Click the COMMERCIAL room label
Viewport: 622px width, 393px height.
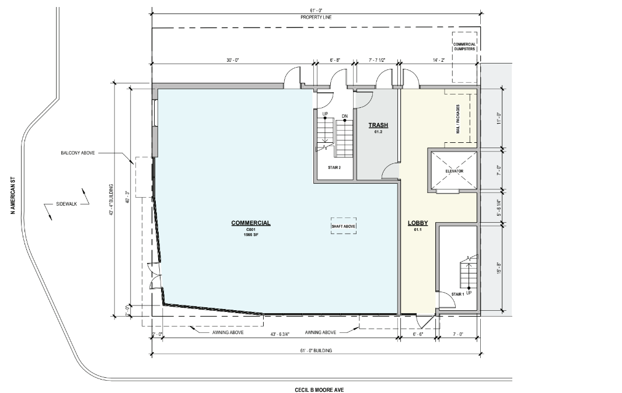[251, 223]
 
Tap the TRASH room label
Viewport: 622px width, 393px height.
[378, 125]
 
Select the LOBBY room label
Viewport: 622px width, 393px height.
[418, 223]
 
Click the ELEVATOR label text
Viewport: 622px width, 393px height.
[454, 171]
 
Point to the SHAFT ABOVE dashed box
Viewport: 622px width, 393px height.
[344, 226]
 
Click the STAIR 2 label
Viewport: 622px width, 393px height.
[334, 168]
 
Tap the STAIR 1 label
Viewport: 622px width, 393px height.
[457, 294]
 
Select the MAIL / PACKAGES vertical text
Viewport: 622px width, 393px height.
[458, 119]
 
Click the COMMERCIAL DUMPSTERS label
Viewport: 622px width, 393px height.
[464, 47]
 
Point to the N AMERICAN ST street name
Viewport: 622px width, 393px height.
[13, 195]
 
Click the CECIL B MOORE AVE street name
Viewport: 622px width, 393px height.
[319, 390]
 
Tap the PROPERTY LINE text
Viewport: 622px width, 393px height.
[316, 17]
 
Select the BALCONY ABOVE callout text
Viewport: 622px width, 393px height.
[78, 153]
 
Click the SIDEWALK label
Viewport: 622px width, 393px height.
[67, 204]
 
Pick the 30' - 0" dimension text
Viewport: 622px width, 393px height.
[233, 60]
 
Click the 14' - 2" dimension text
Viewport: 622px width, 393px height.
[439, 60]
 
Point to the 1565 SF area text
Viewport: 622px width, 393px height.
[251, 235]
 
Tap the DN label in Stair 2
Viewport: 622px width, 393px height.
[345, 116]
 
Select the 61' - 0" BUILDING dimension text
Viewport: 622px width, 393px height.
[316, 350]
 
